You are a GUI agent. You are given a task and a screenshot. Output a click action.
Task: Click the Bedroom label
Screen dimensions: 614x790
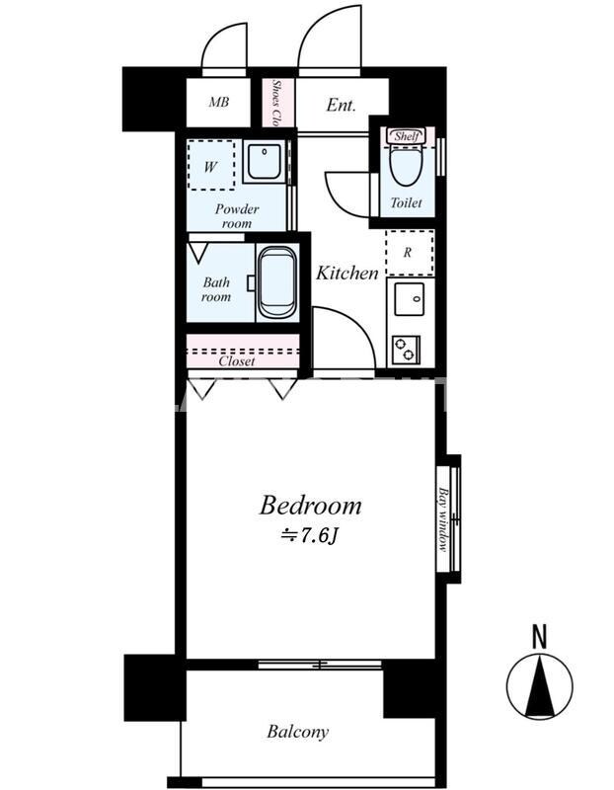310,506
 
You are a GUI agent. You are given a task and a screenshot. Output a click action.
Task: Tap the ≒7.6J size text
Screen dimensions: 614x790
309,536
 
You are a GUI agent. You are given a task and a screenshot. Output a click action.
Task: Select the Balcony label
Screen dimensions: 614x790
298,732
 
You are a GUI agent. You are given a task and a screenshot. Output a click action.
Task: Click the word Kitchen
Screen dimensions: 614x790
347,273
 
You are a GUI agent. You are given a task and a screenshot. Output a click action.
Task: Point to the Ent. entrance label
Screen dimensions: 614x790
341,105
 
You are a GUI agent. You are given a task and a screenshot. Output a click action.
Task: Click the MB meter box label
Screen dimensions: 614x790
218,103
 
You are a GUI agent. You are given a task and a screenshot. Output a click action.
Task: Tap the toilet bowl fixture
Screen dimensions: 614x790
407,166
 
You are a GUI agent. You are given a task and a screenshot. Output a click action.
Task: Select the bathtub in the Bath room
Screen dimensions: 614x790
277,282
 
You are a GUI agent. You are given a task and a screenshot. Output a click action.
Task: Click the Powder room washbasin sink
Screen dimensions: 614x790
264,161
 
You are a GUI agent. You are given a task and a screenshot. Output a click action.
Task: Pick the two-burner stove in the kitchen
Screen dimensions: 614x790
406,350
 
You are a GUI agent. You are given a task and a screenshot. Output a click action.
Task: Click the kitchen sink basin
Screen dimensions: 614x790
409,299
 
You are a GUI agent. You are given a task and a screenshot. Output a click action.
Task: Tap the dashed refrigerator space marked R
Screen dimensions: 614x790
410,253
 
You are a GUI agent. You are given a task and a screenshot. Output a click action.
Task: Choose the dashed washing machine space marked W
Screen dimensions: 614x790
211,165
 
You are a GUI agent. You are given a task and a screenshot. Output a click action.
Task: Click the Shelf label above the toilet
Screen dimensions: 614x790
407,136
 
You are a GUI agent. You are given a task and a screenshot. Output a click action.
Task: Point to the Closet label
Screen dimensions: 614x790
237,361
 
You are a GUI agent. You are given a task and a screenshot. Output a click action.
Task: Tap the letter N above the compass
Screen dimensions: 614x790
539,636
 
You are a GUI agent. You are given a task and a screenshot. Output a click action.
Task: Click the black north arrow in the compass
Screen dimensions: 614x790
539,686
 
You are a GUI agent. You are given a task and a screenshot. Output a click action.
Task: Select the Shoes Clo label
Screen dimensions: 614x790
276,103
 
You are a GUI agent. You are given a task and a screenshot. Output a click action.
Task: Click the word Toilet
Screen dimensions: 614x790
406,202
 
